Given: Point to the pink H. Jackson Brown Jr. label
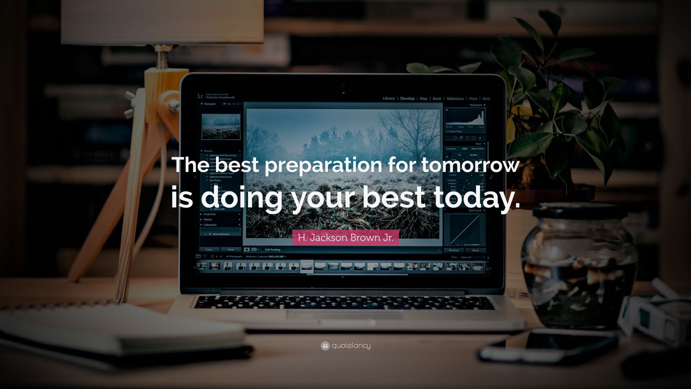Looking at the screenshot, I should click(345, 238).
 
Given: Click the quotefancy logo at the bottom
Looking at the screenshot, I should click(345, 346).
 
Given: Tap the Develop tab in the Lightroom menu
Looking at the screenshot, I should click(407, 99).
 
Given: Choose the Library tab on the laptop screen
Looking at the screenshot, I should click(389, 99).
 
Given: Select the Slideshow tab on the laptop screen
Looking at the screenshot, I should click(455, 99).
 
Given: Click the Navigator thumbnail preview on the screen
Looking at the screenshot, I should click(221, 127).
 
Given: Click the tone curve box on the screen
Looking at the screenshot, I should click(465, 230).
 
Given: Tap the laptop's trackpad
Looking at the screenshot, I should click(345, 315).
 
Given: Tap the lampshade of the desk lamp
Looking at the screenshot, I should click(162, 22).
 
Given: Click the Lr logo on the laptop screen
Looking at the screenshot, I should click(200, 96).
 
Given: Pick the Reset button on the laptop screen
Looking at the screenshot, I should click(475, 250).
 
